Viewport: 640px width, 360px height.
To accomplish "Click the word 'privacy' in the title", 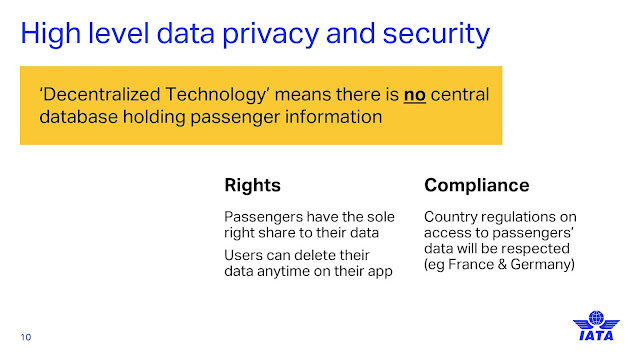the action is [x=270, y=34].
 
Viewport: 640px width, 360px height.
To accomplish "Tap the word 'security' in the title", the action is [x=436, y=34].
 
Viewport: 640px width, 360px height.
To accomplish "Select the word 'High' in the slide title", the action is [x=51, y=34].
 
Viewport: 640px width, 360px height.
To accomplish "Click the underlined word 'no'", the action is [x=415, y=95].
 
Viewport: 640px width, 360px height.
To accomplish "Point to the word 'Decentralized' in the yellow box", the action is [x=101, y=94].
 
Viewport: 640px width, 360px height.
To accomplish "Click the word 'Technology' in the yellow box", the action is [x=217, y=96].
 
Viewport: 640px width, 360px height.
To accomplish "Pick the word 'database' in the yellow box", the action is [x=78, y=117].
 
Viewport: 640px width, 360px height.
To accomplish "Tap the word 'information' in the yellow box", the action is [x=333, y=117].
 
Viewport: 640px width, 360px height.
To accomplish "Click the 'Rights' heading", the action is [x=252, y=185].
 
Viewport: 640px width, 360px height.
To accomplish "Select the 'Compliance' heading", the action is [x=477, y=186].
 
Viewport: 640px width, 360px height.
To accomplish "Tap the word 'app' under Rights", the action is [x=380, y=272].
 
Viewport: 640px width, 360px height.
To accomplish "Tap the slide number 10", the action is [x=26, y=337].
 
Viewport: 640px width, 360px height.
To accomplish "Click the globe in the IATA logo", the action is [x=596, y=318].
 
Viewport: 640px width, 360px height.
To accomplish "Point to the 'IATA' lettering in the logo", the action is [x=596, y=336].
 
